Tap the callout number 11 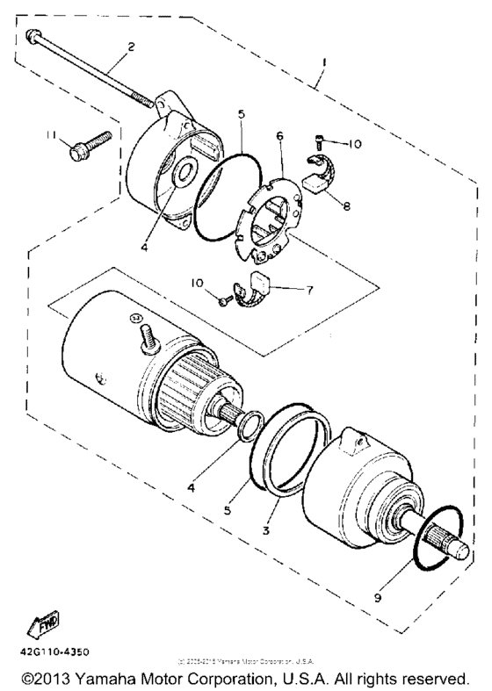[x=52, y=134]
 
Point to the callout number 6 [x=279, y=138]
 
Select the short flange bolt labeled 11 [x=86, y=148]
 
